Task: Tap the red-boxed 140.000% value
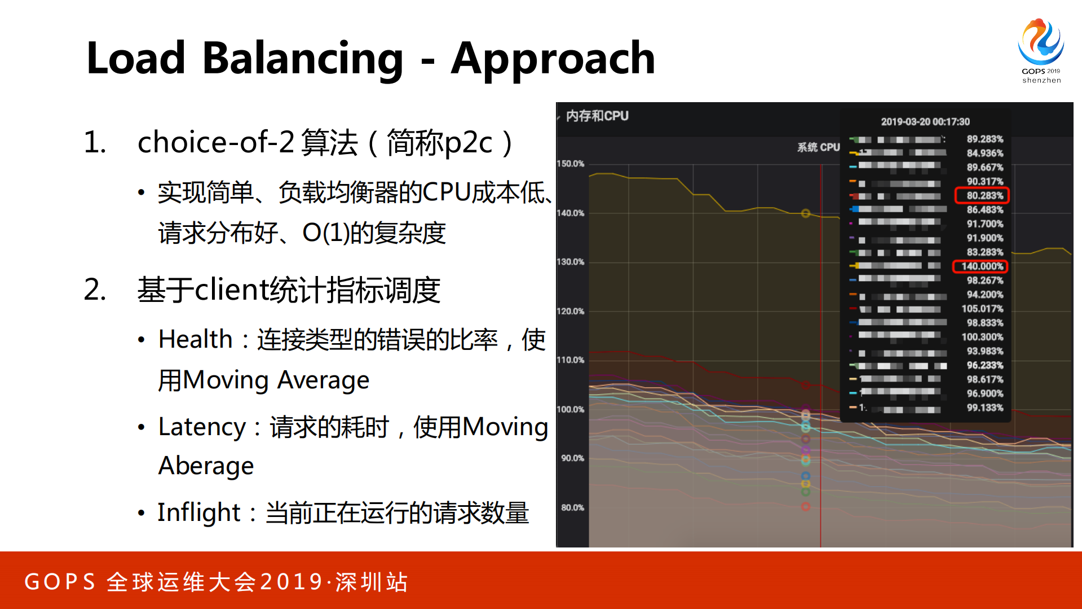[982, 266]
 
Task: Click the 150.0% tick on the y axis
[571, 164]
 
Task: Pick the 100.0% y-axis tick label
[571, 409]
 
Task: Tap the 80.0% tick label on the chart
[572, 507]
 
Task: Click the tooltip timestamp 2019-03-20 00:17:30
[925, 122]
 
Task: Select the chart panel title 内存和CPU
[597, 116]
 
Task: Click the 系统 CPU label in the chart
[818, 147]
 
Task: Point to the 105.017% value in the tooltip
[982, 309]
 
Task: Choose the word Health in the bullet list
[195, 340]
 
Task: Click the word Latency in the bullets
[202, 427]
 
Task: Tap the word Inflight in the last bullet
[198, 512]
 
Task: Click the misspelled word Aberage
[206, 466]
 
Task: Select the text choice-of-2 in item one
[215, 142]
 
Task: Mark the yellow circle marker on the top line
[806, 213]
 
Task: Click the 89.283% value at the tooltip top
[984, 139]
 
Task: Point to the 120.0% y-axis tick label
[571, 311]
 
